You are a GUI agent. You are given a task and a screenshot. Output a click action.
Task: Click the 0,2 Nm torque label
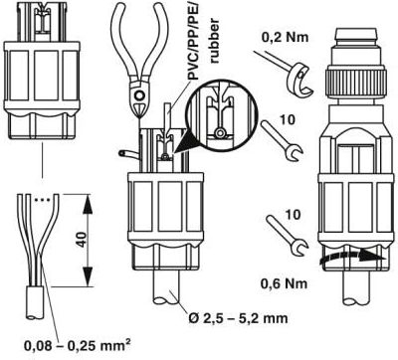coord(285,37)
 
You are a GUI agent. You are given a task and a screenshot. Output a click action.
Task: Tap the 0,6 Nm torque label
coord(284,283)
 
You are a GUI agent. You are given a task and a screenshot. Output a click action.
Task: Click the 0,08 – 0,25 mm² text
coord(77,345)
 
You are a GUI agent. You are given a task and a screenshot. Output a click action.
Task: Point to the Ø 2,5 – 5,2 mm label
coord(237,318)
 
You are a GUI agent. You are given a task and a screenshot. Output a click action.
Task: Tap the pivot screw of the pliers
coord(139,96)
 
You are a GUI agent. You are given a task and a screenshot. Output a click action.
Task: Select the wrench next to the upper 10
coord(282,141)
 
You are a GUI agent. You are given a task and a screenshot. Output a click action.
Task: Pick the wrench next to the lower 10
coord(288,235)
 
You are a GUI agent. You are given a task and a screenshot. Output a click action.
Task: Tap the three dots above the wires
coord(42,200)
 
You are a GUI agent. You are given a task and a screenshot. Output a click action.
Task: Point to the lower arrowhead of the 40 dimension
coord(88,275)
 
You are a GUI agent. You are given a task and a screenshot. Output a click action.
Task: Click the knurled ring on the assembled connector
coord(357,81)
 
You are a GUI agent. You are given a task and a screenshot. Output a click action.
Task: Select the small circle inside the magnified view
coord(219,133)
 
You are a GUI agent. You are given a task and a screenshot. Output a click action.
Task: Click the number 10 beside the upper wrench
coord(288,119)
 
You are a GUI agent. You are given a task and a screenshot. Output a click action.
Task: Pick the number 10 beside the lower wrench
coord(293,215)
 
